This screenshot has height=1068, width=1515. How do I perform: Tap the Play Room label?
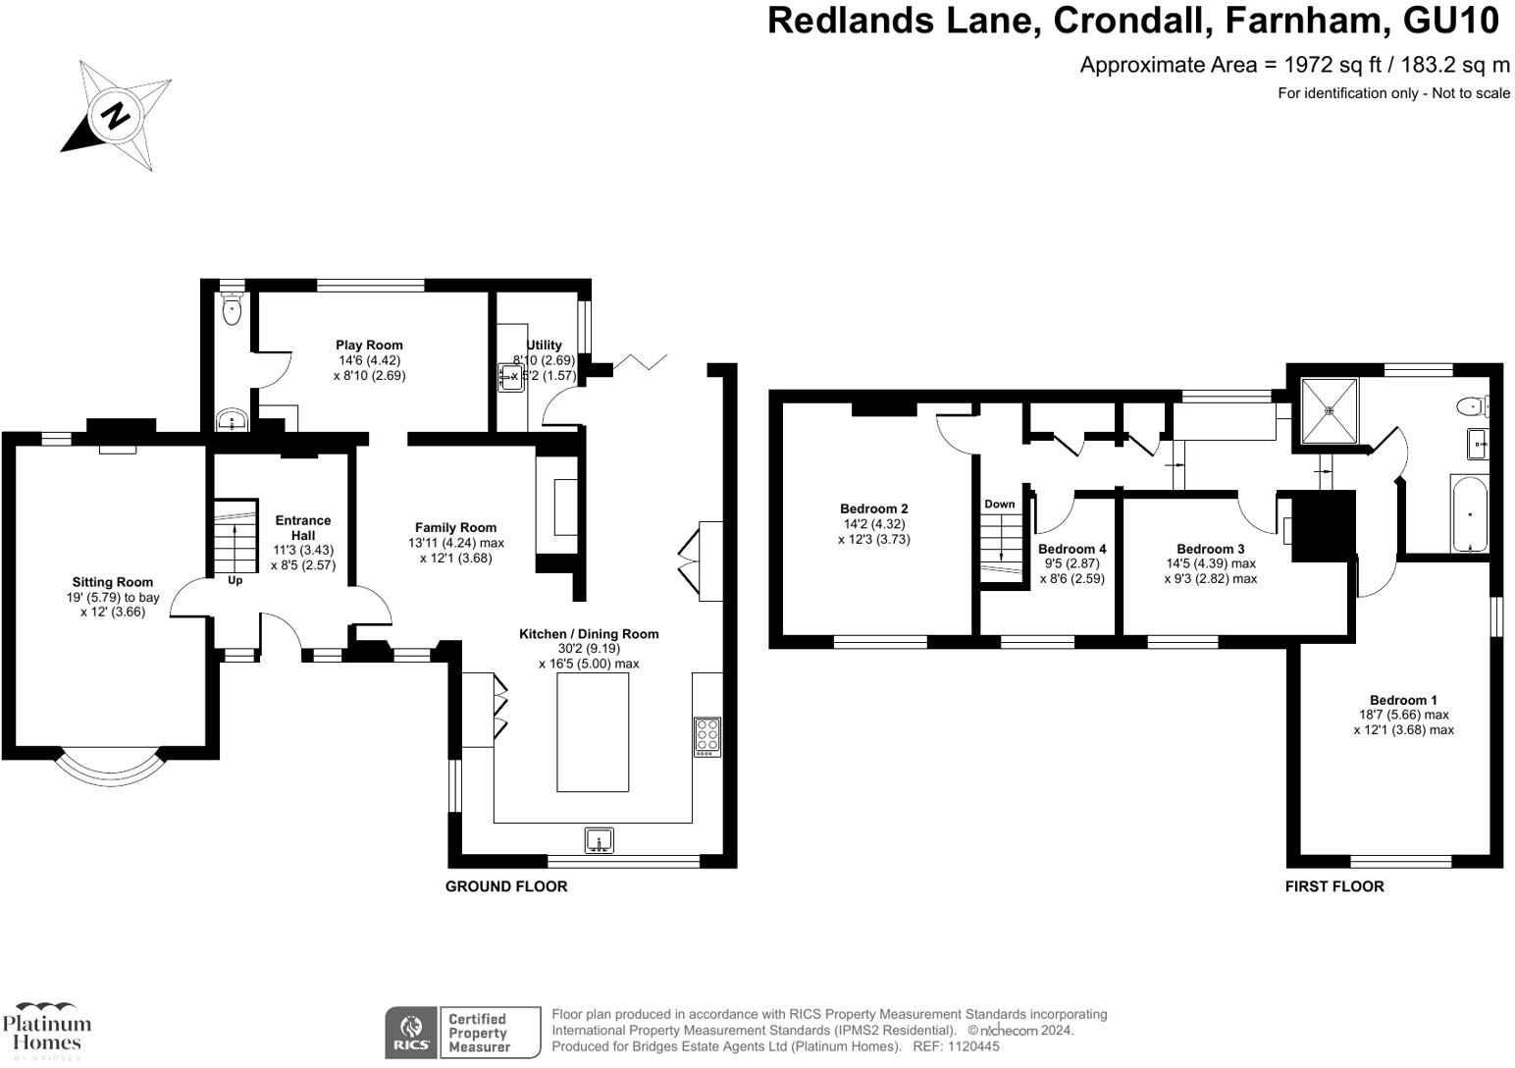point(369,346)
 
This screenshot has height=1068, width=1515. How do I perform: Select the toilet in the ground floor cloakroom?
point(232,309)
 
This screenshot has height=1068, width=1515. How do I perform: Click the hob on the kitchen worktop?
point(707,736)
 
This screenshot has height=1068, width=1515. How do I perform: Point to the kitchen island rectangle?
point(594,731)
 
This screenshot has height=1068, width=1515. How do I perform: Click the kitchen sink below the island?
point(600,840)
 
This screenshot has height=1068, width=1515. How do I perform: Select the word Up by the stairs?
point(235,581)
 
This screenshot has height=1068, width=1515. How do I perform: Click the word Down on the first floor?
point(1000,505)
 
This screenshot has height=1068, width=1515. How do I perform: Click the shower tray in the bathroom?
point(1330,411)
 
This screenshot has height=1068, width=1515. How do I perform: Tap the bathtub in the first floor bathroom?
point(1470,513)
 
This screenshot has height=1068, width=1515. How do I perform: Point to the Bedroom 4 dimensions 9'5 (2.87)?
point(1072,563)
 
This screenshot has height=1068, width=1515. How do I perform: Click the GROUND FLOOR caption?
point(506,886)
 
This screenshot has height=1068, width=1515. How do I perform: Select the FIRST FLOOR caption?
point(1334,886)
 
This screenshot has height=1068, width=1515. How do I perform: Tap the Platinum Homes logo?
point(47,1031)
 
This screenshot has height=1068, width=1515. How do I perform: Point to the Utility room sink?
point(510,377)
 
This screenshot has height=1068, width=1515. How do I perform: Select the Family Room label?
point(456,527)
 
